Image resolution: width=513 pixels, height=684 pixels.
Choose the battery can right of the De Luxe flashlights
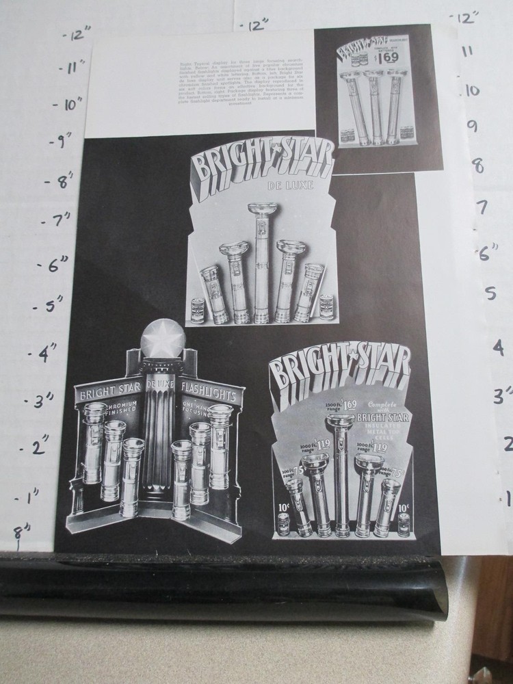coord(326,306)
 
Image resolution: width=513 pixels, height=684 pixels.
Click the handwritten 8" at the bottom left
coord(26,530)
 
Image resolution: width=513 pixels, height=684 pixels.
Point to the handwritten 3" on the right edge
coord(503,395)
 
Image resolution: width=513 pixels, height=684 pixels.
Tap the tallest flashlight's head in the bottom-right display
coord(341,421)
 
